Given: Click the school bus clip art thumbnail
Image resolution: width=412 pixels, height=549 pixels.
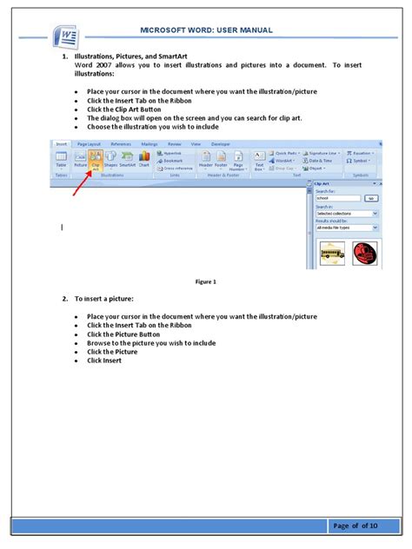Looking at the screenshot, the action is pos(332,254).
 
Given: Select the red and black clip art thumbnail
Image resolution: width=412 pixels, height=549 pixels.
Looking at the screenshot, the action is pos(365,253).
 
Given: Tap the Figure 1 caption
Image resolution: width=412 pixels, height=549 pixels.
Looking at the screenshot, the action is pos(206,282).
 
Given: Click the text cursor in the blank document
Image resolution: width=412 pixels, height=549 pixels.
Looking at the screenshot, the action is pos(62,227).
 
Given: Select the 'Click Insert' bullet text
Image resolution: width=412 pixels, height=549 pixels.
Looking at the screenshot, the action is pos(104,360).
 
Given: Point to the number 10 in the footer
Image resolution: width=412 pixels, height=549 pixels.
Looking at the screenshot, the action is pos(372,526).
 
